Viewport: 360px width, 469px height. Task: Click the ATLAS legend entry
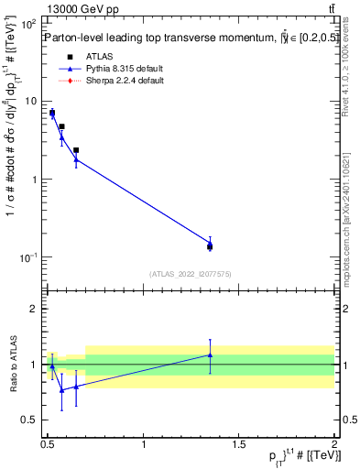(100, 56)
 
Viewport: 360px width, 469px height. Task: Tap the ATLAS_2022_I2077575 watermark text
(190, 274)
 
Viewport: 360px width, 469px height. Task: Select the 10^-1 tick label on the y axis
(30, 257)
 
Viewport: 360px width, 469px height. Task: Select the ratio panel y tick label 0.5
(31, 420)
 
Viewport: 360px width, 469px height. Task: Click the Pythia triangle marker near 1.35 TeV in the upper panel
(210, 243)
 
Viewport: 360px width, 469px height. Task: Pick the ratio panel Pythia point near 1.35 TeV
(210, 355)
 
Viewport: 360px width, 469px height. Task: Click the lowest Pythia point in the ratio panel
(61, 390)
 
